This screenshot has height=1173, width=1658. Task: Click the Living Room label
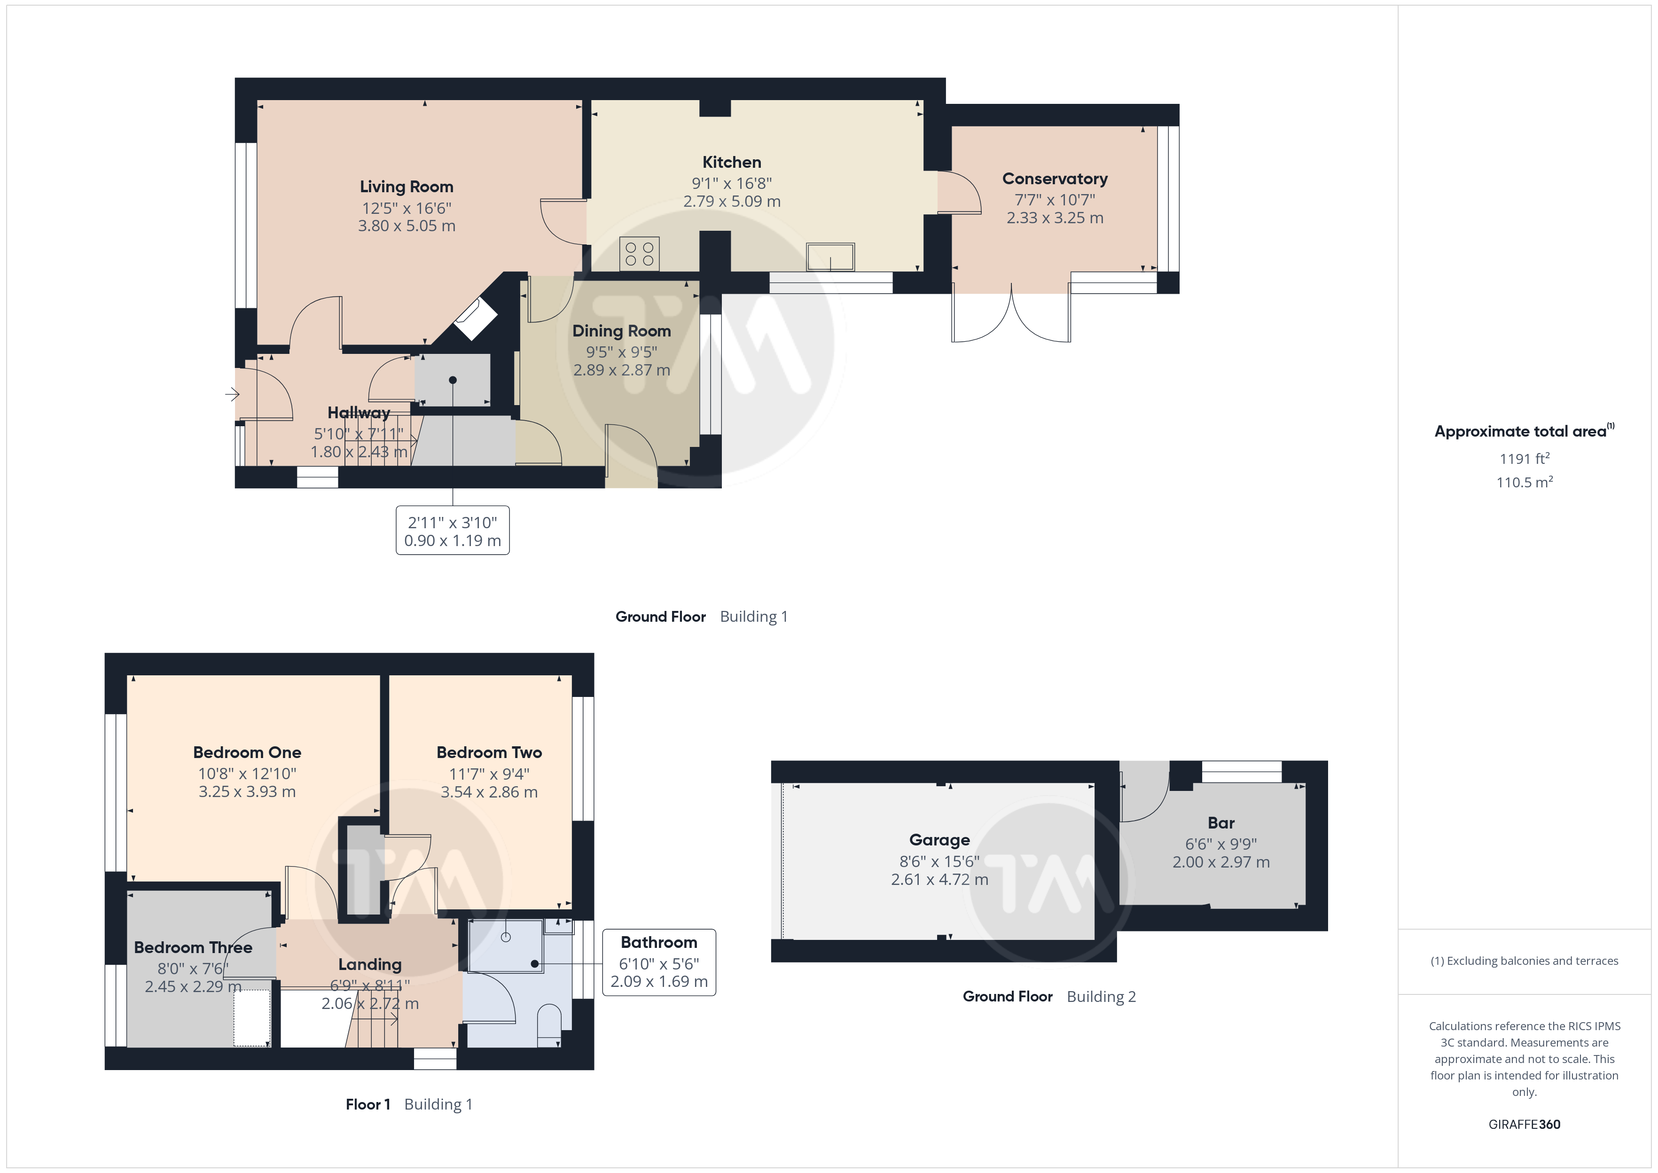[x=407, y=187]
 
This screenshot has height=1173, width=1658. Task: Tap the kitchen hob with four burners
[x=639, y=253]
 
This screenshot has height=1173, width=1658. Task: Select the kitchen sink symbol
[x=830, y=257]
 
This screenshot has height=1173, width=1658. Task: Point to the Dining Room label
[x=622, y=331]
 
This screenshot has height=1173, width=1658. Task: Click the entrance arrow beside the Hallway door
[x=232, y=394]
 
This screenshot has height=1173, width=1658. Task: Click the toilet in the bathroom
[x=549, y=1024]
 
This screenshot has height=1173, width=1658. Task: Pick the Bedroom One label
[x=247, y=752]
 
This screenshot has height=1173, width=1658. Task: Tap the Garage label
[x=939, y=840]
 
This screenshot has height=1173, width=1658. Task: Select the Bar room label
[x=1221, y=823]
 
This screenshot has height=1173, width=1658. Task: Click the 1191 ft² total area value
[x=1525, y=459]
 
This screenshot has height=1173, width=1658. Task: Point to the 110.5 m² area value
[x=1525, y=482]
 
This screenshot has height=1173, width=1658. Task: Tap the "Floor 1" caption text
[x=368, y=1104]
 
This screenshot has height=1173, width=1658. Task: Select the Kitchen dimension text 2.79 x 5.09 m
[x=732, y=202]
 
